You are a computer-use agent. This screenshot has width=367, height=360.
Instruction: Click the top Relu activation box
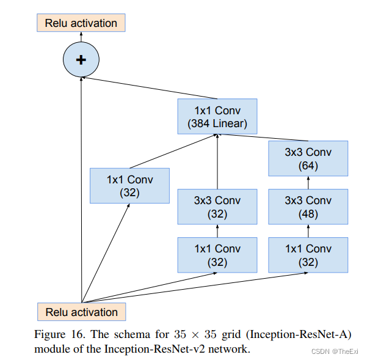(x=81, y=23)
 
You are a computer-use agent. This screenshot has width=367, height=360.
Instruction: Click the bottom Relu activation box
(x=81, y=312)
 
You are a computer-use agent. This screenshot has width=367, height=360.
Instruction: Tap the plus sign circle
(x=81, y=59)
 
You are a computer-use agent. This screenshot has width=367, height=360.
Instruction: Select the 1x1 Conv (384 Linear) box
(x=217, y=117)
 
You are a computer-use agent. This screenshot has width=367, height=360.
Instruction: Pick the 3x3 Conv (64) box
(x=308, y=158)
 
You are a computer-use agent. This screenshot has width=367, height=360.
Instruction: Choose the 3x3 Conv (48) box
(x=308, y=207)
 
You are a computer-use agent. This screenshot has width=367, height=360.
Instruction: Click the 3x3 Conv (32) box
(x=217, y=207)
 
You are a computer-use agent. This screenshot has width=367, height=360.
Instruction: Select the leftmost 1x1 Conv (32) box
(x=129, y=186)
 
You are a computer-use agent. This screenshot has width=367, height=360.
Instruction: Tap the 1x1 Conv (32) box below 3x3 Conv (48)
(x=308, y=255)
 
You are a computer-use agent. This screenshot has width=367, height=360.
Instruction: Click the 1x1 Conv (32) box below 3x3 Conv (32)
(x=217, y=255)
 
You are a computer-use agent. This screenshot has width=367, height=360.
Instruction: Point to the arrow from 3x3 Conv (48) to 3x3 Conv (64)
(x=308, y=183)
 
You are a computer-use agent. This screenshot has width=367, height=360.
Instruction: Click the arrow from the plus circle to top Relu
(x=81, y=38)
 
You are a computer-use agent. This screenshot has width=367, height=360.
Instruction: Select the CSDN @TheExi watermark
(x=335, y=351)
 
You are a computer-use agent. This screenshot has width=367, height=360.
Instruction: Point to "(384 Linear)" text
(x=217, y=123)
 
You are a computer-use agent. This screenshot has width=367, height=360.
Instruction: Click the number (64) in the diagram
(x=308, y=165)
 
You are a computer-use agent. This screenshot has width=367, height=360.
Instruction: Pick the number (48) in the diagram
(x=308, y=214)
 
